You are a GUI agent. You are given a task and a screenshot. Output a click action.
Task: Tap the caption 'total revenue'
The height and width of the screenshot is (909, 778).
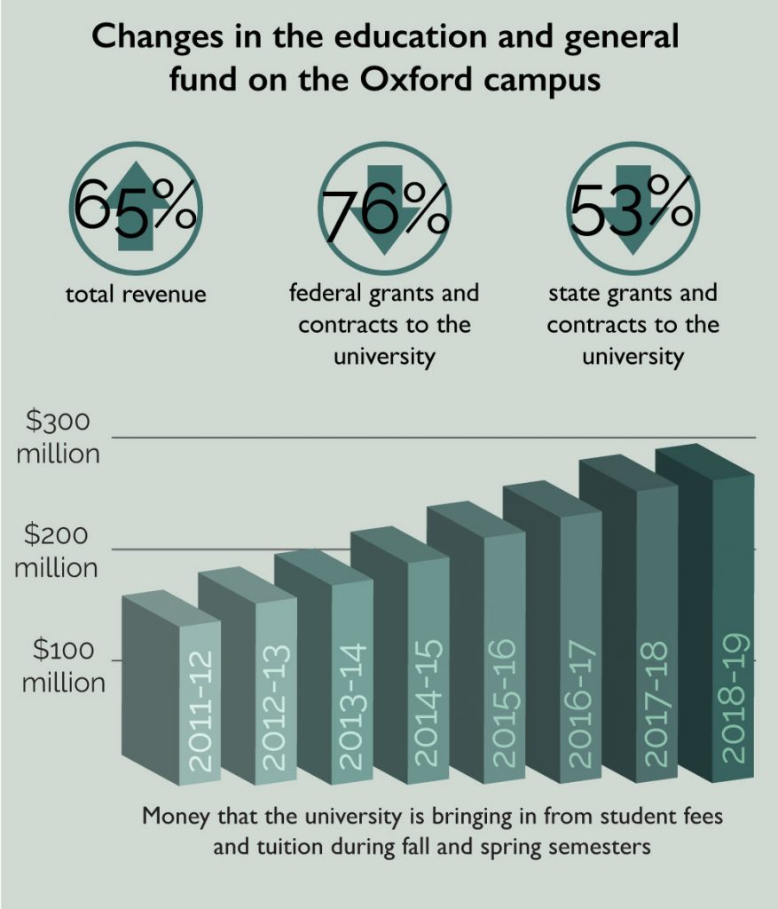136,294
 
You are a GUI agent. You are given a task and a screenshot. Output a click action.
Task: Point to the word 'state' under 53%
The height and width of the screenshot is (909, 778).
574,293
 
